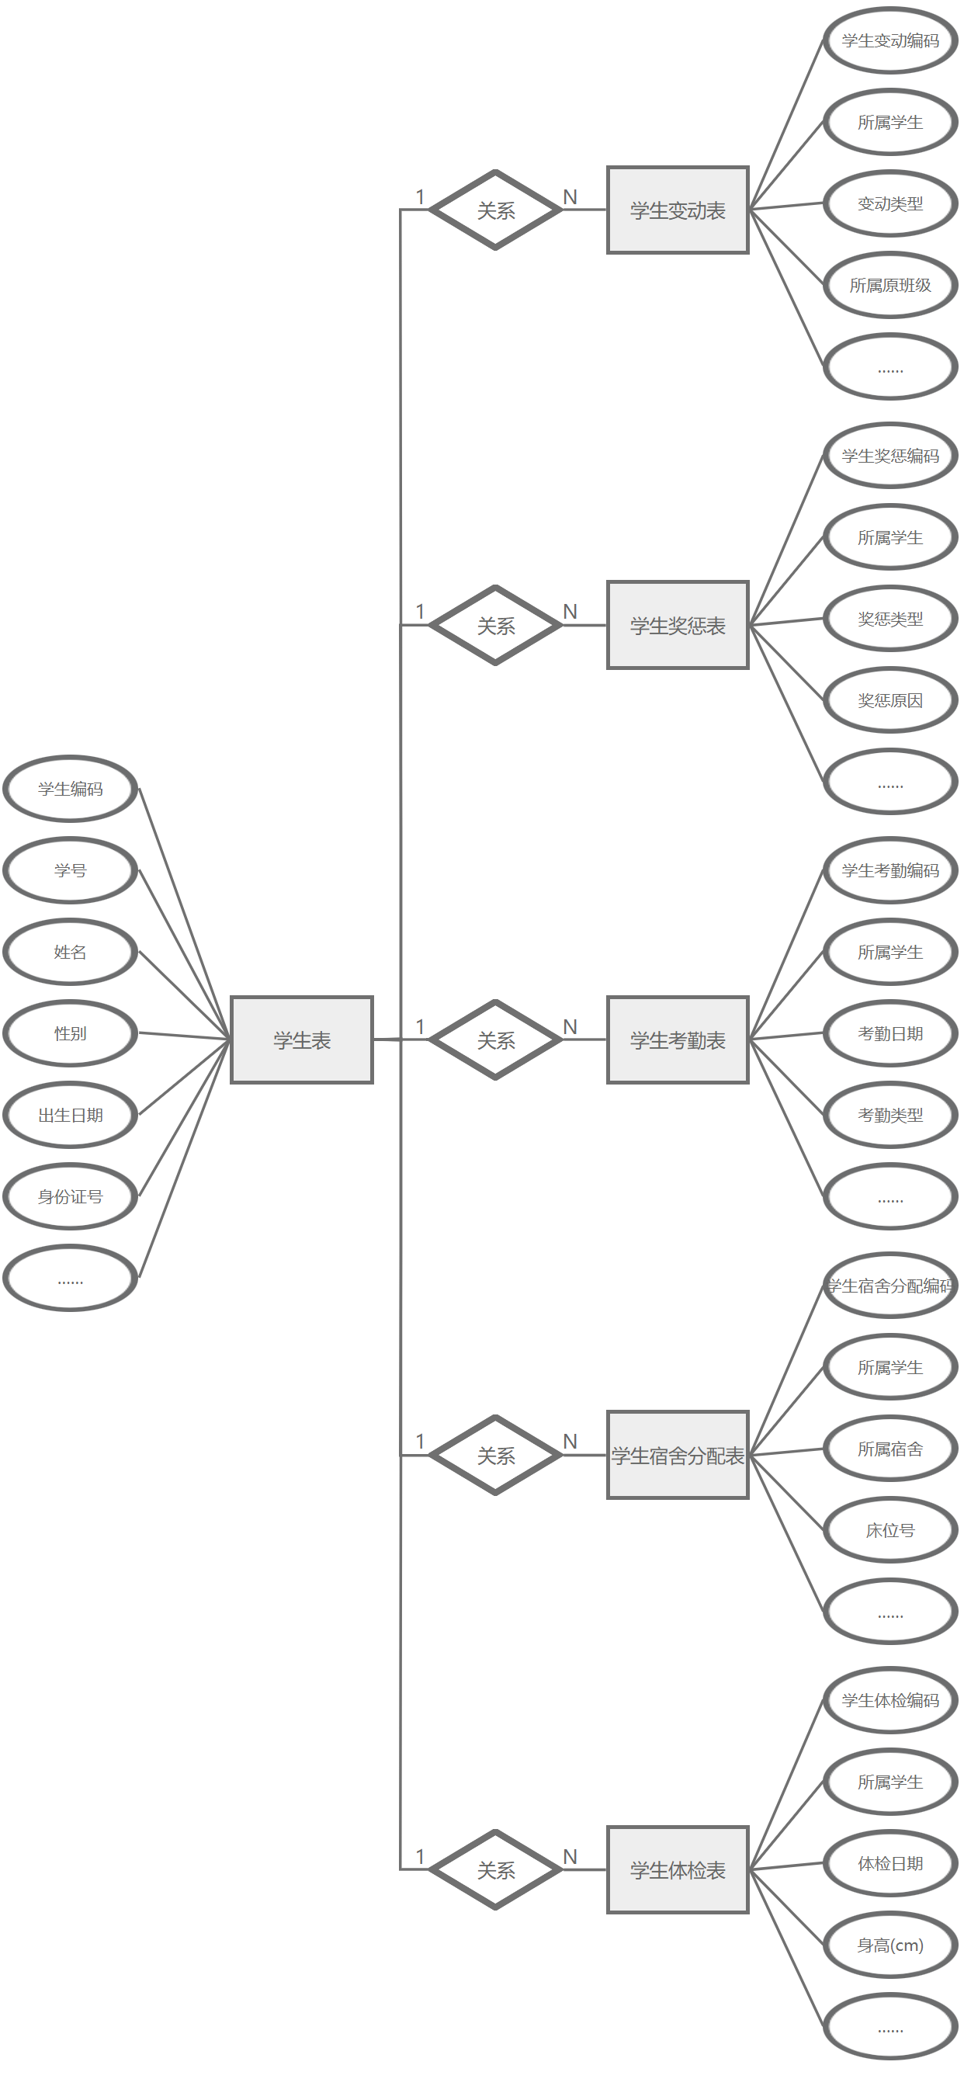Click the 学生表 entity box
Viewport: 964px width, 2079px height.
click(x=302, y=1039)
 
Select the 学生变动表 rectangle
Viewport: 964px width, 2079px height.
click(x=678, y=210)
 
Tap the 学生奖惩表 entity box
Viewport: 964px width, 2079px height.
click(x=678, y=625)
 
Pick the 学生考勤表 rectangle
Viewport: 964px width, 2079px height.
click(x=678, y=1039)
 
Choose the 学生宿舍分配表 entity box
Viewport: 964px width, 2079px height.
click(x=678, y=1455)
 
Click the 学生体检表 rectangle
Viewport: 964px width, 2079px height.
click(x=678, y=1870)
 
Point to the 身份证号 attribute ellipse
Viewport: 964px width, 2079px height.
click(x=70, y=1196)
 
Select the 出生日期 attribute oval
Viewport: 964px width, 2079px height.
click(x=70, y=1115)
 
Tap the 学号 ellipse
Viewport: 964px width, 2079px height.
click(x=70, y=870)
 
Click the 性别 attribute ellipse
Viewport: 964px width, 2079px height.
click(x=70, y=1033)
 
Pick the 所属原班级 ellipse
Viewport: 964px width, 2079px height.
click(x=890, y=285)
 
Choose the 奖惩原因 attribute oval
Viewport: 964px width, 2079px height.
click(x=890, y=699)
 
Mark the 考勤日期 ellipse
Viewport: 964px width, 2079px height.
click(x=890, y=1033)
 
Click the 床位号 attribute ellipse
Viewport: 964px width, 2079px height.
click(x=890, y=1530)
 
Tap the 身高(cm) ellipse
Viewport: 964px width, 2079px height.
click(x=890, y=1945)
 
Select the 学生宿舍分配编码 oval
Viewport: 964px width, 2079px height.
click(x=890, y=1286)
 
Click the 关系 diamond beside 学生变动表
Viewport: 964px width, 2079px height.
click(x=495, y=210)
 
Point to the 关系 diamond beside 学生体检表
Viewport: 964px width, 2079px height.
click(x=495, y=1870)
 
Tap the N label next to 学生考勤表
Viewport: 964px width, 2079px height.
click(x=570, y=1026)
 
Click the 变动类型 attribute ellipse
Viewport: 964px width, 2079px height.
click(x=890, y=203)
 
